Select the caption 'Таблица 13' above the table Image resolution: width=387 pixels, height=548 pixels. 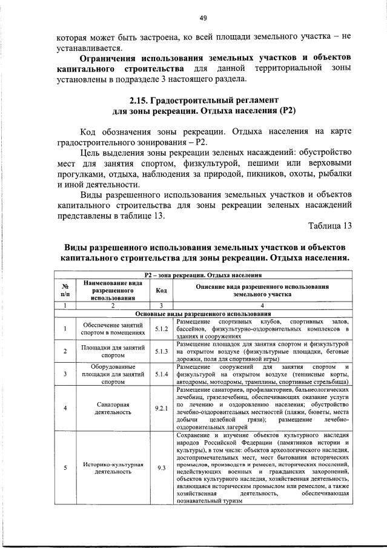click(x=329, y=226)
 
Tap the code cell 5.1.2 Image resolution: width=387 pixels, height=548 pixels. click(x=161, y=328)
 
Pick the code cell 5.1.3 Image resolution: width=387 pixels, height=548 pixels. click(x=161, y=351)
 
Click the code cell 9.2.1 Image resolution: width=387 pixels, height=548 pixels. click(x=161, y=408)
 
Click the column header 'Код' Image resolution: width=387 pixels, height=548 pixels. click(x=161, y=291)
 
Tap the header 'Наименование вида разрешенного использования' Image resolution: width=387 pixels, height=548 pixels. click(x=113, y=291)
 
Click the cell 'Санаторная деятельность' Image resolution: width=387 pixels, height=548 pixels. click(x=113, y=408)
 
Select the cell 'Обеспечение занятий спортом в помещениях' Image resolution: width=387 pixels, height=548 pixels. click(x=113, y=328)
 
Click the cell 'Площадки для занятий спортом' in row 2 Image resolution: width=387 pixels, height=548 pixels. click(x=113, y=351)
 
